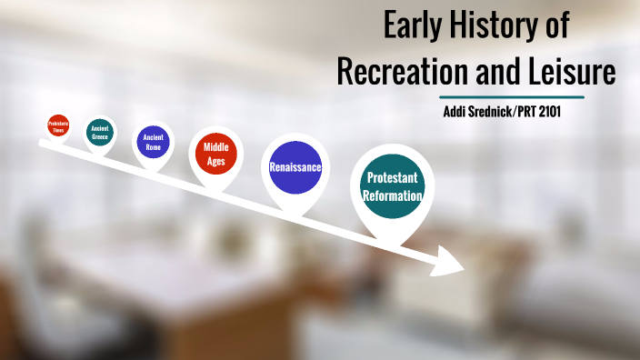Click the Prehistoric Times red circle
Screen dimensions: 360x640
[x=58, y=126]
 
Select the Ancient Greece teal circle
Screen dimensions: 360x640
[x=100, y=133]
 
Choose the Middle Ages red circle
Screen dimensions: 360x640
[x=215, y=154]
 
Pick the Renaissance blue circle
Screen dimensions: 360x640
[x=295, y=167]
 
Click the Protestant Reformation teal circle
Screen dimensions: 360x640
[x=394, y=187]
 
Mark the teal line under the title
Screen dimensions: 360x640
[x=511, y=96]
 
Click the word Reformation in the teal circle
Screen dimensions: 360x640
[x=394, y=196]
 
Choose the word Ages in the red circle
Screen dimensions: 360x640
[x=215, y=161]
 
